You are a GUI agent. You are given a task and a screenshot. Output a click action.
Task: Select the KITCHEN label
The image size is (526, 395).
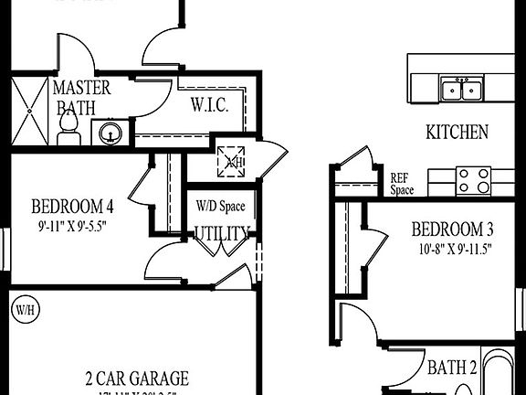pyautogui.click(x=457, y=133)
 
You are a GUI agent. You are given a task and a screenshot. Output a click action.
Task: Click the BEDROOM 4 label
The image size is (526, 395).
pyautogui.click(x=73, y=205)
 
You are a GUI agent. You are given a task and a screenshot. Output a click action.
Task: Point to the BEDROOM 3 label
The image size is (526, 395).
pyautogui.click(x=452, y=230)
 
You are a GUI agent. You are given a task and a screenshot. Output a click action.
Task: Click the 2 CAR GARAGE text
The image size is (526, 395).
pyautogui.click(x=138, y=378)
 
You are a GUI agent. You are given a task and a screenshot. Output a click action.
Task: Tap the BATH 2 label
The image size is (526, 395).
pyautogui.click(x=452, y=368)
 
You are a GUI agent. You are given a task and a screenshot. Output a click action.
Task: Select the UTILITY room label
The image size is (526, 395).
pyautogui.click(x=222, y=233)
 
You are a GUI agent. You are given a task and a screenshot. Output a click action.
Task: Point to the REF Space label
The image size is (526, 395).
pyautogui.click(x=402, y=185)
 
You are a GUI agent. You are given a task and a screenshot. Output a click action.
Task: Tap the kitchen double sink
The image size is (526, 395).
pyautogui.click(x=462, y=90)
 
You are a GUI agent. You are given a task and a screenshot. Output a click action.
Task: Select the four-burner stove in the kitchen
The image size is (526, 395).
pyautogui.click(x=473, y=180)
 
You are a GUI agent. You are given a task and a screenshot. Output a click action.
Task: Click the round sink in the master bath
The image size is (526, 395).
pyautogui.click(x=110, y=133)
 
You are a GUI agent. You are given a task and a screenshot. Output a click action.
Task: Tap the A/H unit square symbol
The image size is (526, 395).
pyautogui.click(x=230, y=162)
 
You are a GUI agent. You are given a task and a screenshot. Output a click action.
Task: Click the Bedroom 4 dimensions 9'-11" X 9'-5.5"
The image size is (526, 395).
pyautogui.click(x=74, y=224)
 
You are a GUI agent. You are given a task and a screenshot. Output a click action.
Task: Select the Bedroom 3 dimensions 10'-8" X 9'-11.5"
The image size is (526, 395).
pyautogui.click(x=452, y=247)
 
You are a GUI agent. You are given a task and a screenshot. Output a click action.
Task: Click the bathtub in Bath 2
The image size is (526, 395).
pyautogui.click(x=501, y=377)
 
